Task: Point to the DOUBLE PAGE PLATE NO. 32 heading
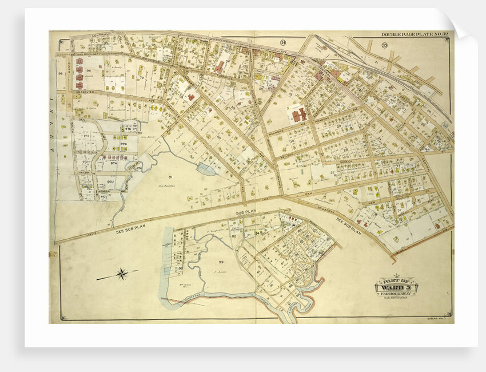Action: [x=415, y=35]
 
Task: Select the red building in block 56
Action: [x=219, y=67]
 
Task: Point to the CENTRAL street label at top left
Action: [x=100, y=35]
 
